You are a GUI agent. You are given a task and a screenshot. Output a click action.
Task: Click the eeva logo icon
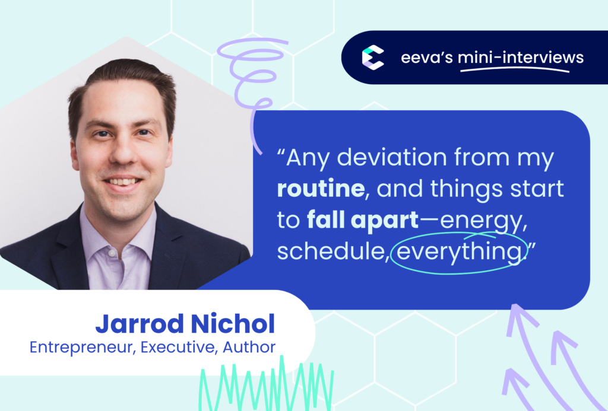[373, 58]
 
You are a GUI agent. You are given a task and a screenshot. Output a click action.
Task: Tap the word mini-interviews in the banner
[520, 58]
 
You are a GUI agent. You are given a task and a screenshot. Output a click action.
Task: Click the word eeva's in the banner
[426, 58]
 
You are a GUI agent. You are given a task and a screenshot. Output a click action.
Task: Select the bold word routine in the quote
[321, 189]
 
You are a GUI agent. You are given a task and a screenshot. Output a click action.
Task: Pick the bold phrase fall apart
[363, 221]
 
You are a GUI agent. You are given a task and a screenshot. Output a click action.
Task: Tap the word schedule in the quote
[332, 251]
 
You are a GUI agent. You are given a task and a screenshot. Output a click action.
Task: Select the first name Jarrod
[140, 324]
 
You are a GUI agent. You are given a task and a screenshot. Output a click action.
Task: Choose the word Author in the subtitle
[249, 347]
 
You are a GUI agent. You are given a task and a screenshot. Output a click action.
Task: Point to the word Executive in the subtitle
[177, 347]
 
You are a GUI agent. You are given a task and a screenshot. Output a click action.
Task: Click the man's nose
[123, 152]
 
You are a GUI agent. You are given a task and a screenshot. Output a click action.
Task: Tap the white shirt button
[112, 253]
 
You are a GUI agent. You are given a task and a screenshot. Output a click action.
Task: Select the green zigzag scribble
[266, 385]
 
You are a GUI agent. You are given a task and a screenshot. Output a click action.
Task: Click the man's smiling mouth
[122, 182]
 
